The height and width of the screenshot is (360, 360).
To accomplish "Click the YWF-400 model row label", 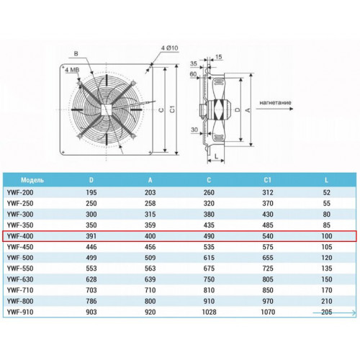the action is coord(20,236).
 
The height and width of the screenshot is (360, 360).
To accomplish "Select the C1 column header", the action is coord(268,180).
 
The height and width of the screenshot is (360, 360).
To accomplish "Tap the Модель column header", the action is coord(32,180).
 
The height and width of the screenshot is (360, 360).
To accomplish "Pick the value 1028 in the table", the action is coord(209,312).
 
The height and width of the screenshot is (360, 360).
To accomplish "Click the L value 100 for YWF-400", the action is coord(327,236).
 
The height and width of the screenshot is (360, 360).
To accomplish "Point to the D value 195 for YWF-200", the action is coord(91,192).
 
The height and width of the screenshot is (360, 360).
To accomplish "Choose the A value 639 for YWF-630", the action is coord(150,279).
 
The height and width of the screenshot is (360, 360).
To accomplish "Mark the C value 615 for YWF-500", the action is coord(209,258).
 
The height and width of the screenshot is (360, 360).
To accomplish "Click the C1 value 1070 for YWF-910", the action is coord(268,312).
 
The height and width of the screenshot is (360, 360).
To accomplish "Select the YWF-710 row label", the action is coord(20,290).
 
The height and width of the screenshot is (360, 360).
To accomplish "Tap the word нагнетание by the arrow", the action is coord(275,103).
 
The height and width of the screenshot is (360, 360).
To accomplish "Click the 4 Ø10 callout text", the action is coord(169,48).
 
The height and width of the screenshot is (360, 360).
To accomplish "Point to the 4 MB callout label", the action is coord(72,70).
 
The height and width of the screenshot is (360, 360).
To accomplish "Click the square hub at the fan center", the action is coord(107,109).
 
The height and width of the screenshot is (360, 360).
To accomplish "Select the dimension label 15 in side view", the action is coord(218,57).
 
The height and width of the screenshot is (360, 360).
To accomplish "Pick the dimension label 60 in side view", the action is coord(193,74).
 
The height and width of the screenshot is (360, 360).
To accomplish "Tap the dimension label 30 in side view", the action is coord(194,130).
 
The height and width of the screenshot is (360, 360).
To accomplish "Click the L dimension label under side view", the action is coord(216,156).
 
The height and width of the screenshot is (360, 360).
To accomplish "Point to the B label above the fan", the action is coord(76,53).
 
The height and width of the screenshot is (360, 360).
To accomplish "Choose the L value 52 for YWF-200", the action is coord(327,192).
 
